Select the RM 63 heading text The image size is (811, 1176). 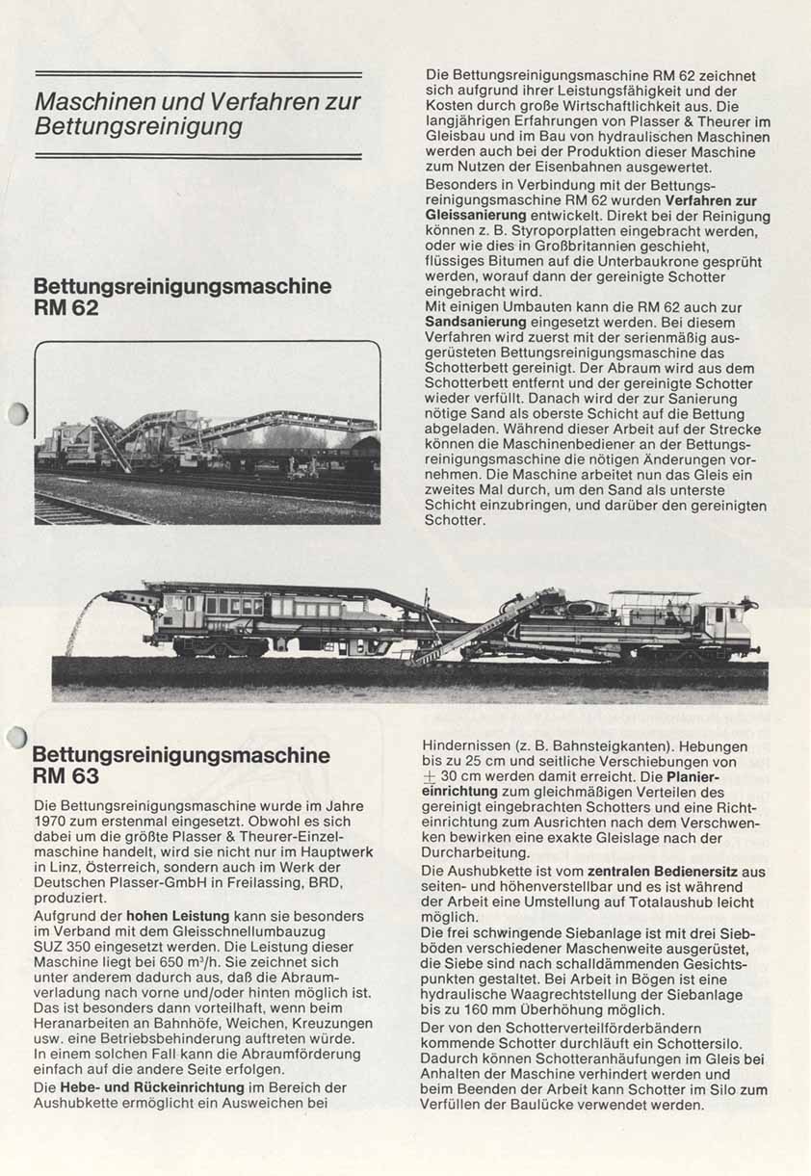[65, 776]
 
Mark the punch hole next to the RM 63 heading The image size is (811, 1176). [17, 738]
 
